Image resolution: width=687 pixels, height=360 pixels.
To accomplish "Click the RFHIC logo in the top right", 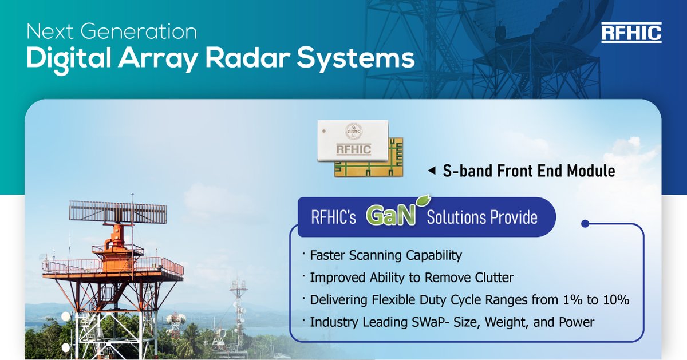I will tap(631, 33).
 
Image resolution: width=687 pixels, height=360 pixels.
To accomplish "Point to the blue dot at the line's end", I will tap(585, 224).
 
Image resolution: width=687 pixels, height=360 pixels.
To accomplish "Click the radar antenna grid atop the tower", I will tap(118, 212).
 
